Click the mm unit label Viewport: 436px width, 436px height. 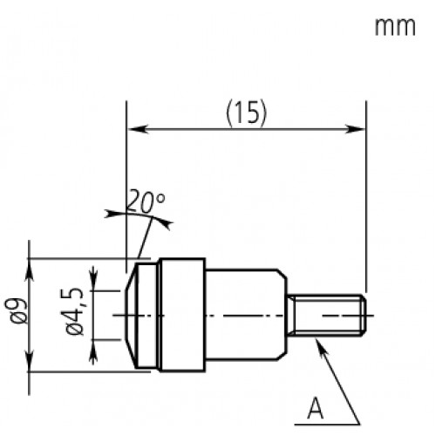click(x=393, y=28)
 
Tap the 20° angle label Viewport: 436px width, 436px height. click(x=145, y=202)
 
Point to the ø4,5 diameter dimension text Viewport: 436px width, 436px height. click(x=76, y=315)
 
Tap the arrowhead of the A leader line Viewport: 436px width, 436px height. click(x=322, y=344)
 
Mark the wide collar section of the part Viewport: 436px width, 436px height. click(x=181, y=314)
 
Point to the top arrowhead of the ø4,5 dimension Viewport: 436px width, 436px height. click(x=95, y=294)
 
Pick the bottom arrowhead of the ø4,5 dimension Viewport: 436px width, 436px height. click(x=95, y=336)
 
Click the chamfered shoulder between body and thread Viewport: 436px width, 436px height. click(x=286, y=315)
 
